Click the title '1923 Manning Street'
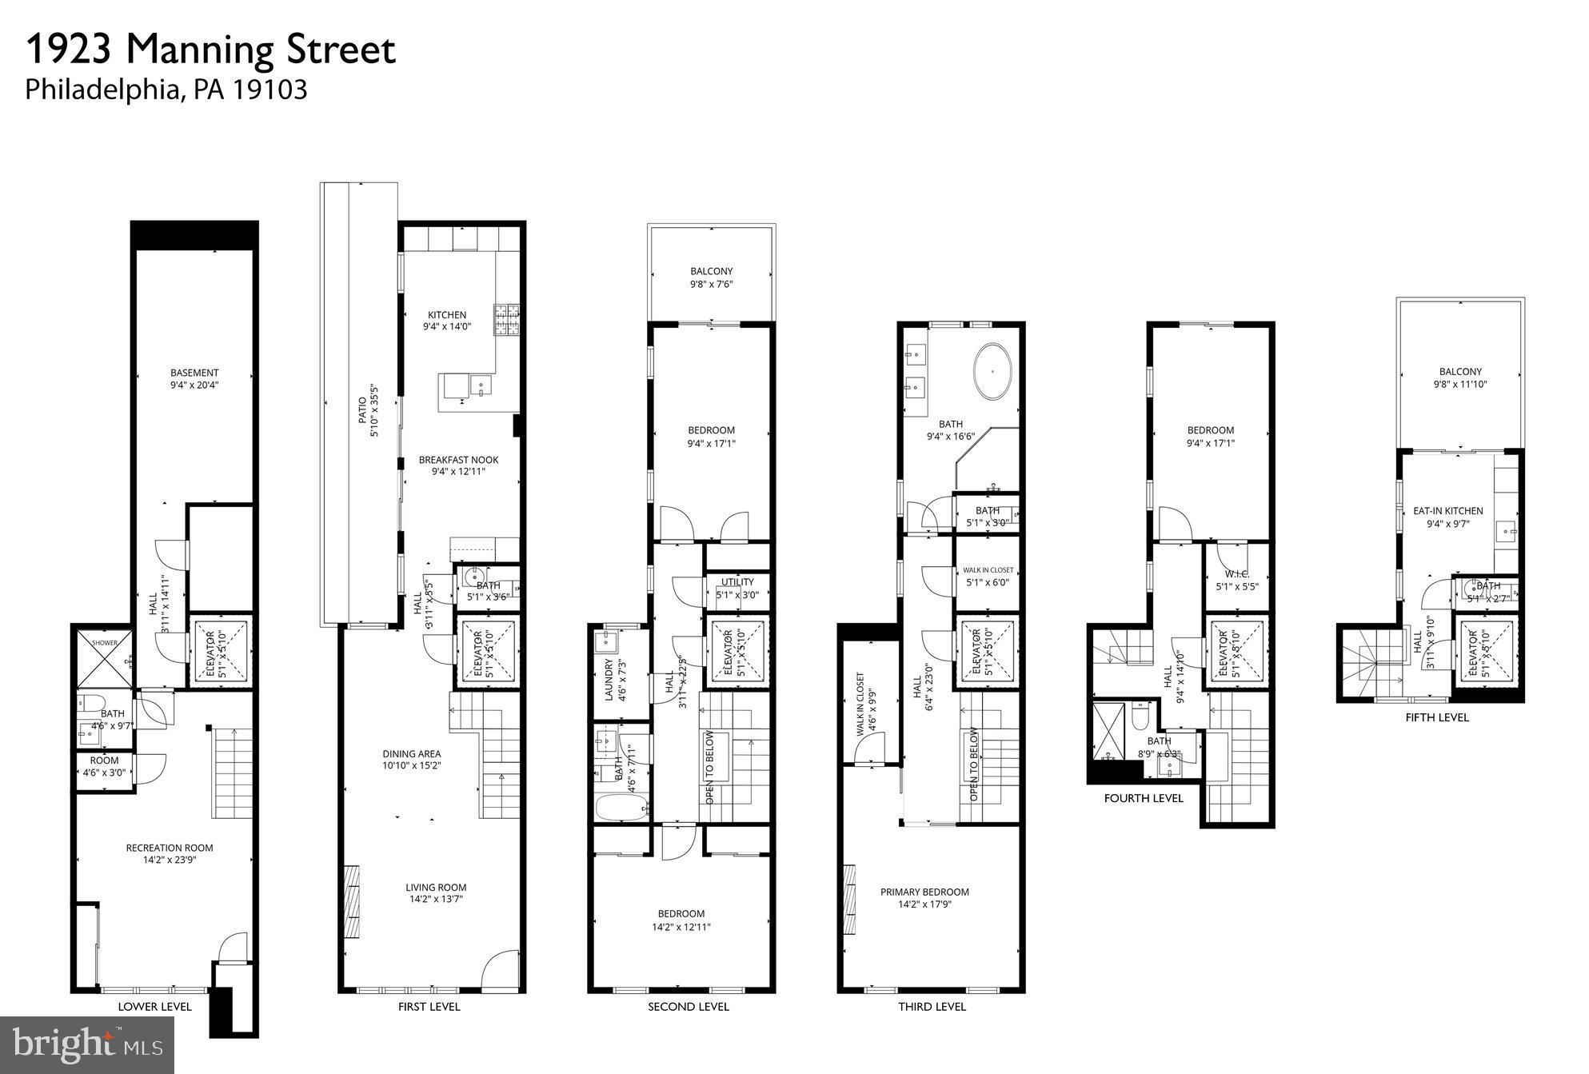[210, 50]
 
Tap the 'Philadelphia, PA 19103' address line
[166, 89]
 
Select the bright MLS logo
[87, 1044]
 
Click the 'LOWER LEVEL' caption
[154, 1006]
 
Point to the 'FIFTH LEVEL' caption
[1436, 717]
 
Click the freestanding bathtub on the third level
[992, 372]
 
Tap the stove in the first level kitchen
[506, 319]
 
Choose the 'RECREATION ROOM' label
[170, 848]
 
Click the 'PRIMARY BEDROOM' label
[924, 892]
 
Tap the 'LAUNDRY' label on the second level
[609, 680]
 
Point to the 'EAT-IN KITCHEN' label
[1447, 510]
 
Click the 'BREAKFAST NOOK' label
[458, 460]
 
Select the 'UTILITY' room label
[737, 581]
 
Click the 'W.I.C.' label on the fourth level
[1236, 573]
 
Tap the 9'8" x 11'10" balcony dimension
[1460, 385]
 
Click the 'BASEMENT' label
[194, 372]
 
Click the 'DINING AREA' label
[411, 753]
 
